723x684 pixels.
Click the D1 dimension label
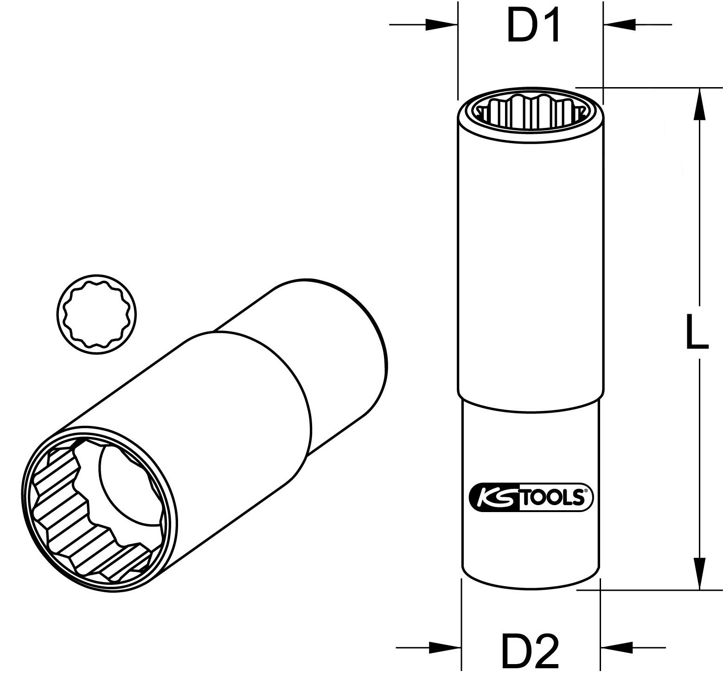(533, 26)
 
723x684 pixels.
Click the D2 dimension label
(530, 652)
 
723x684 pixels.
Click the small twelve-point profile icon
(96, 314)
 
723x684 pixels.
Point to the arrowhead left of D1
(441, 25)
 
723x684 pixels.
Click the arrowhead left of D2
(445, 647)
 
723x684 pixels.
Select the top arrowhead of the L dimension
(699, 104)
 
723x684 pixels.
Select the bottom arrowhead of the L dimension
(699, 573)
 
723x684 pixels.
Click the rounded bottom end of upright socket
(531, 582)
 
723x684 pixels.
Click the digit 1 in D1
(549, 26)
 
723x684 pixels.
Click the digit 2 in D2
(546, 652)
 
